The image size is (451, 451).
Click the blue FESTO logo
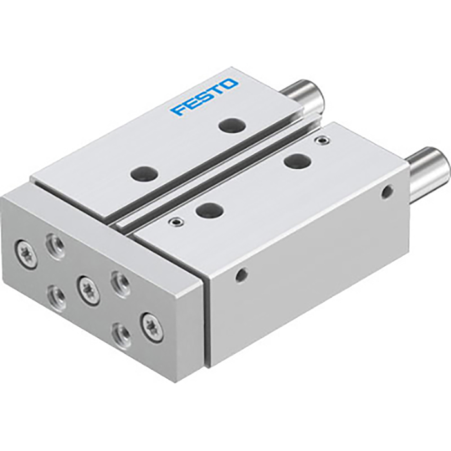click(204, 97)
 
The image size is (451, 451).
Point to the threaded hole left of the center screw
click(55, 294)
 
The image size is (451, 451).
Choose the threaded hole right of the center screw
click(120, 281)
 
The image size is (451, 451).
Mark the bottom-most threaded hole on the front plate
click(120, 334)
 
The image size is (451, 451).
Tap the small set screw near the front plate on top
click(173, 222)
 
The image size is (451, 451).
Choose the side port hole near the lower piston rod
click(387, 191)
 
